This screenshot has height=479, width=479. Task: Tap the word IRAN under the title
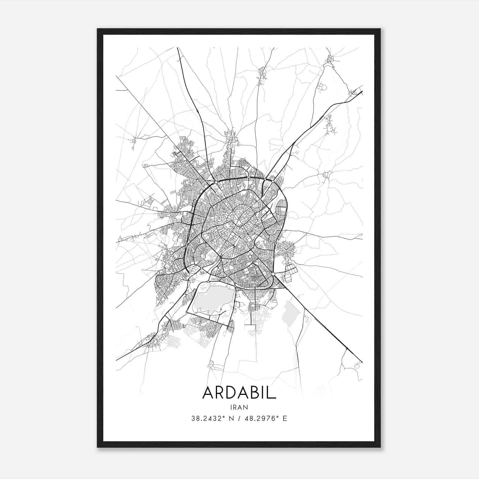pyautogui.click(x=239, y=407)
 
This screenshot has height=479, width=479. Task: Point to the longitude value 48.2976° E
pyautogui.click(x=266, y=419)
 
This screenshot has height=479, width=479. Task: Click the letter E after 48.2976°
pyautogui.click(x=285, y=419)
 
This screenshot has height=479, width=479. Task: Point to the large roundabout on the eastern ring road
pyautogui.click(x=273, y=274)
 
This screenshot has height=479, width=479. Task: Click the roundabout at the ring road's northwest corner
pyautogui.click(x=216, y=182)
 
